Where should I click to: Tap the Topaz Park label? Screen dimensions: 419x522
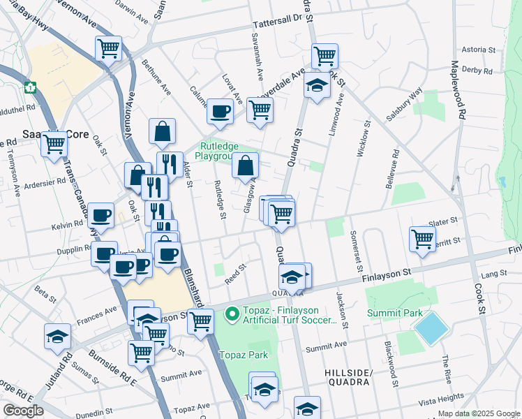[244, 355]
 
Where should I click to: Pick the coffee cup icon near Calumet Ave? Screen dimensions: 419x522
[221, 111]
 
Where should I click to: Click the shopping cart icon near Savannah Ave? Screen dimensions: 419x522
[260, 109]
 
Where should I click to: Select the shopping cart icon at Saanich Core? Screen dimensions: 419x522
[54, 145]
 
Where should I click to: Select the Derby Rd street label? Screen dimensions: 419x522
[477, 71]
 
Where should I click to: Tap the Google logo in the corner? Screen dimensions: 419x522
[23, 411]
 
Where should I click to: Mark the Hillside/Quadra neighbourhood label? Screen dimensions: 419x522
[350, 377]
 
